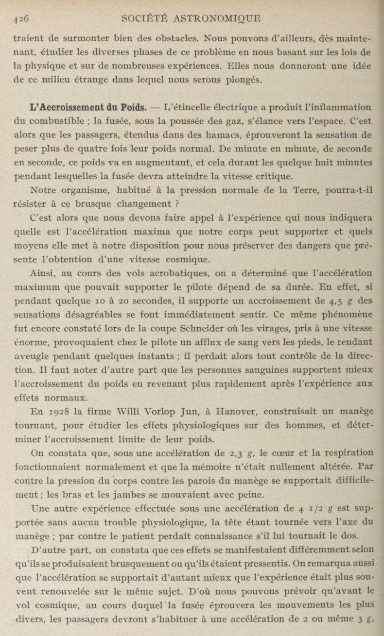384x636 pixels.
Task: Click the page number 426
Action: click(21, 18)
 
